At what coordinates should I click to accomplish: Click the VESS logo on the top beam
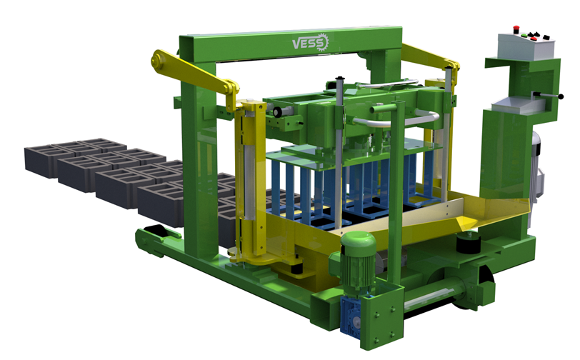coord(310,43)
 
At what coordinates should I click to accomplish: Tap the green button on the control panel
coord(524,36)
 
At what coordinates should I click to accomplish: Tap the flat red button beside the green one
coord(534,39)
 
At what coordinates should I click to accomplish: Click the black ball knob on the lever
coord(561,97)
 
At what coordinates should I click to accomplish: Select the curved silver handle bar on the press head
coord(395,119)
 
